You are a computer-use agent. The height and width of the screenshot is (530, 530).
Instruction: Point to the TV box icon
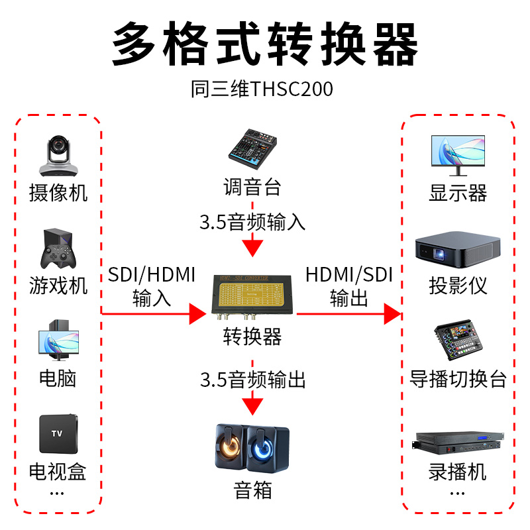[58, 433]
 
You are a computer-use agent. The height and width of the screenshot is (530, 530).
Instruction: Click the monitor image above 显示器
[458, 154]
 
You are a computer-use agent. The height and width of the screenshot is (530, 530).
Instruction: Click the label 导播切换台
[458, 379]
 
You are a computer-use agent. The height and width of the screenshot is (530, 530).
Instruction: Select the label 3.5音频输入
[253, 222]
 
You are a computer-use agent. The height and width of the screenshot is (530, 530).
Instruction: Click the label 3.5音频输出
[253, 380]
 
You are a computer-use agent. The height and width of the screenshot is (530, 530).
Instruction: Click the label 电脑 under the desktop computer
[58, 378]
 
